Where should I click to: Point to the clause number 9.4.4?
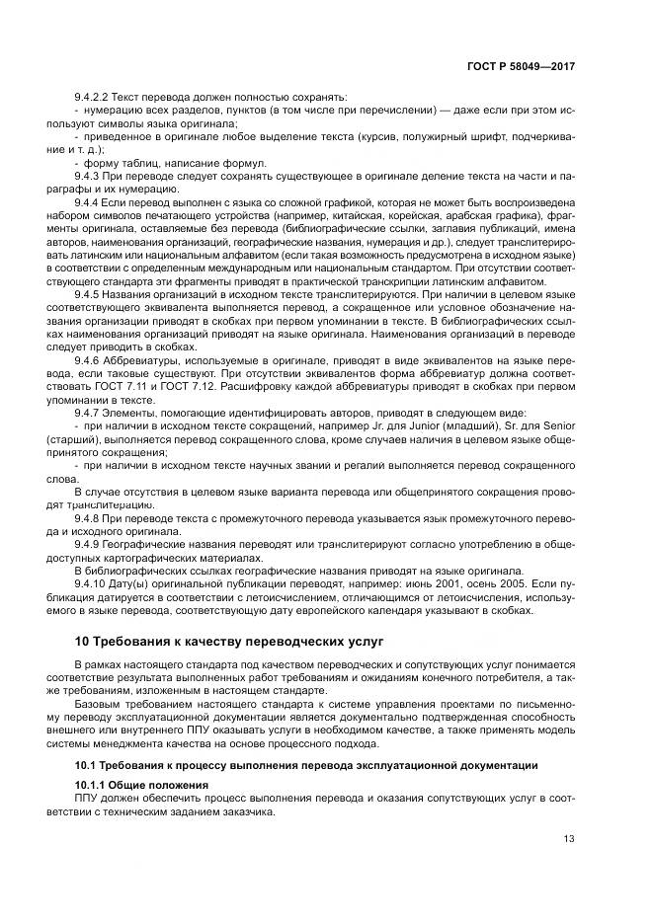click(89, 201)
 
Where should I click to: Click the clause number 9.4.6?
click(89, 360)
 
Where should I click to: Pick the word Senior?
click(553, 424)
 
